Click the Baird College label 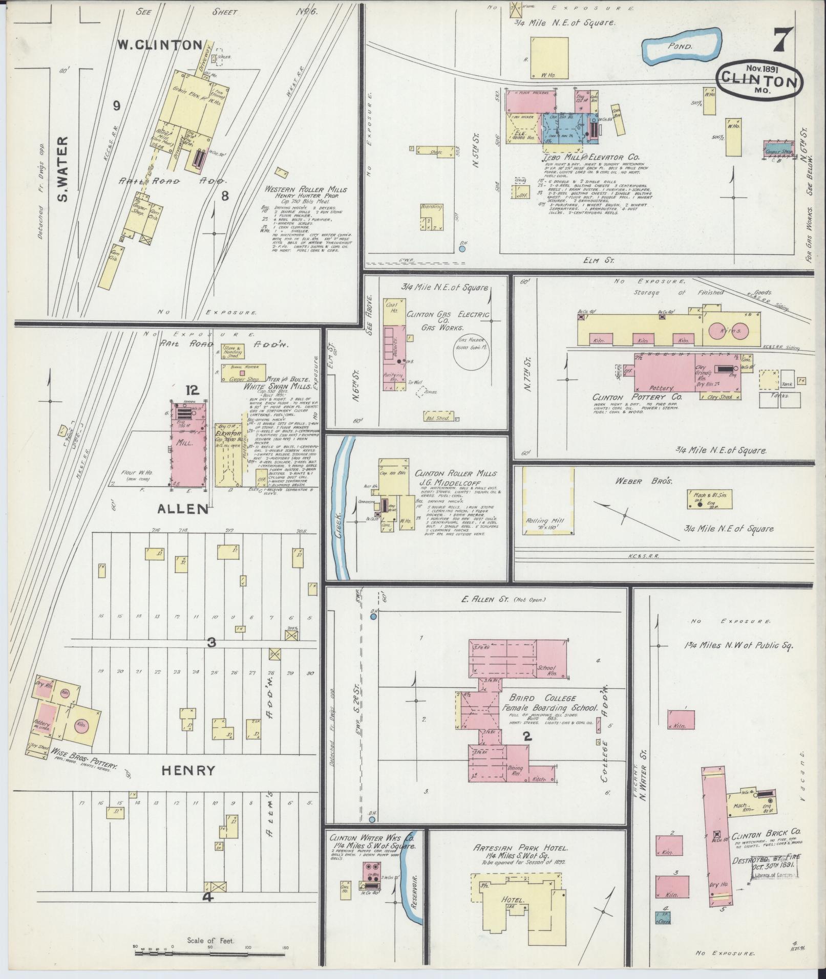pyautogui.click(x=542, y=698)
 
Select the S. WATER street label pyautogui.click(x=62, y=168)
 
